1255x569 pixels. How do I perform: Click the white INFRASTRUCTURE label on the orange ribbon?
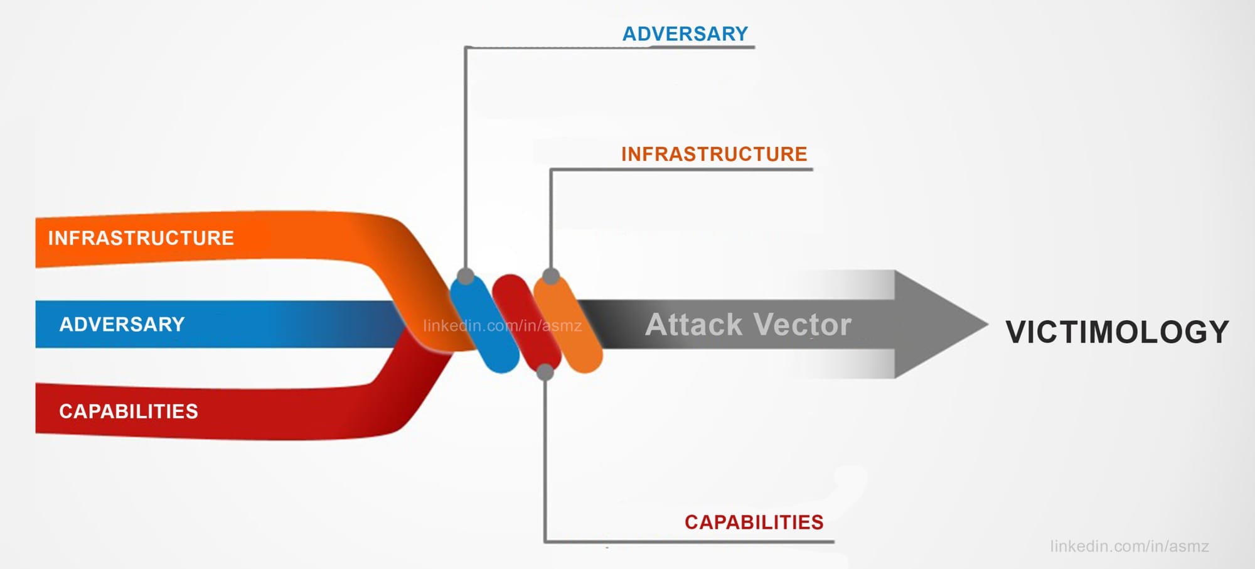click(x=141, y=238)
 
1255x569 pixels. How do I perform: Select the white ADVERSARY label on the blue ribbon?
click(x=122, y=324)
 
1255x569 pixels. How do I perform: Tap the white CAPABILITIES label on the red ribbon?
click(x=129, y=411)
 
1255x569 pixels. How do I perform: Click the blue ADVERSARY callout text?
click(x=685, y=34)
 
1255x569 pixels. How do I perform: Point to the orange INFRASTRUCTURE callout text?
click(x=714, y=154)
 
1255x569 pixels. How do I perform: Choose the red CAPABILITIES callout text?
click(x=754, y=522)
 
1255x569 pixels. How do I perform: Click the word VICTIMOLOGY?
click(x=1117, y=332)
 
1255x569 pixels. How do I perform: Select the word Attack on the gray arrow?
click(x=693, y=325)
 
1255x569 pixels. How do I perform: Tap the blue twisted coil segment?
click(x=484, y=323)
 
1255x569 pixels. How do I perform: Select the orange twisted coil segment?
click(x=569, y=324)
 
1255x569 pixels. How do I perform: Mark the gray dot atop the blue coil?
click(x=466, y=276)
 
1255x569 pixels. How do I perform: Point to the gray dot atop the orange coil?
click(x=550, y=276)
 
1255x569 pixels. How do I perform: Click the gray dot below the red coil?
click(x=545, y=372)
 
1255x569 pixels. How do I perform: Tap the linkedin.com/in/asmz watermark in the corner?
click(x=1129, y=546)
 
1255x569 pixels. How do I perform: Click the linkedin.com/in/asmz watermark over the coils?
click(x=502, y=326)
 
